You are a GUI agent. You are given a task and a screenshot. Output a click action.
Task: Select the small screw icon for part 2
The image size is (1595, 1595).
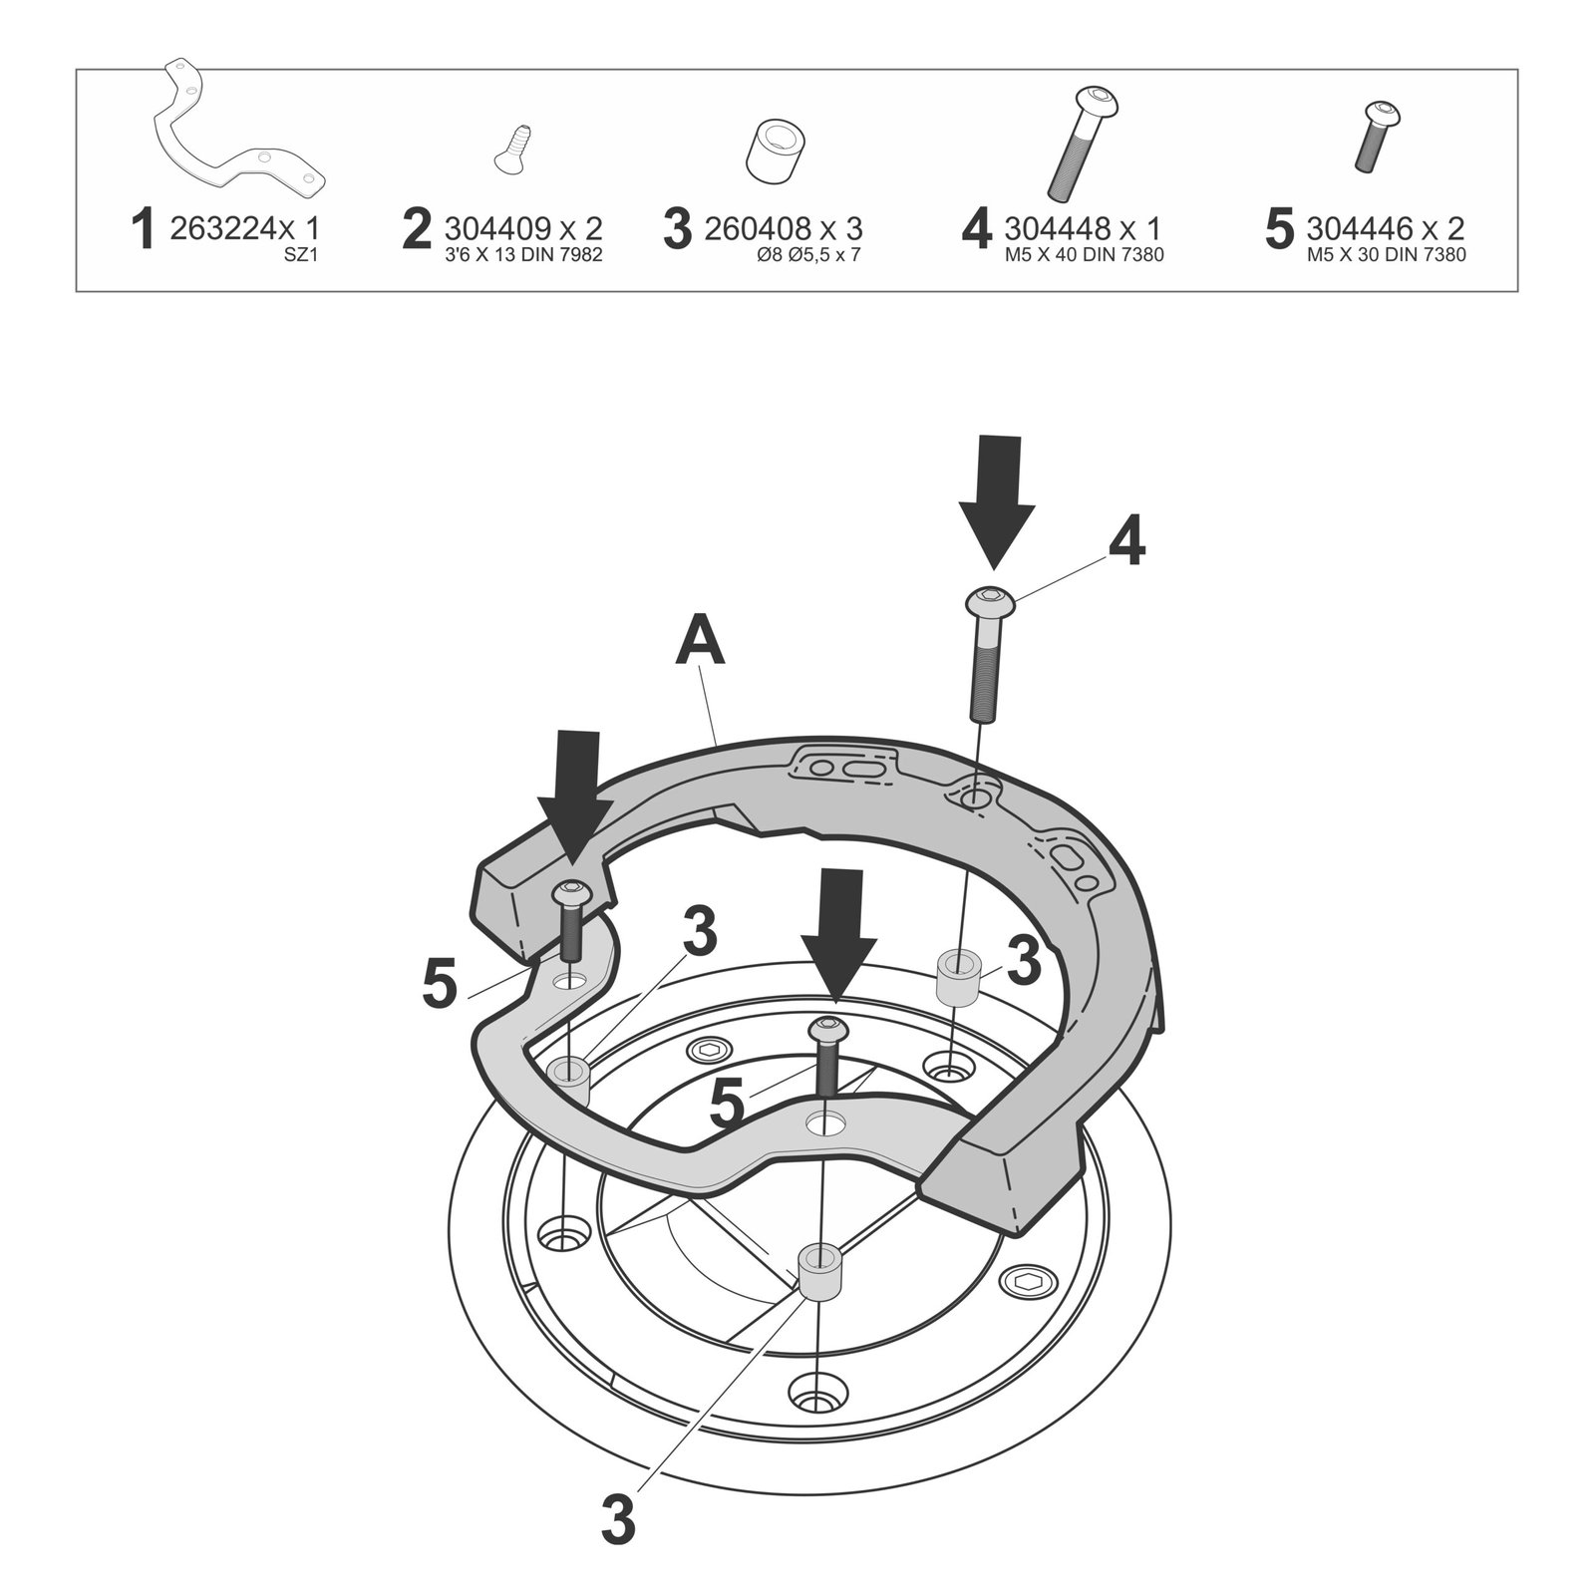coord(512,149)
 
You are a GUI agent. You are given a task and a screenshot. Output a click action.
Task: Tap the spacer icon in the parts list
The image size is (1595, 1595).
coord(776,153)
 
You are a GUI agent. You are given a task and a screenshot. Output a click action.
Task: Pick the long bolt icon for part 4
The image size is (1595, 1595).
coord(1083,144)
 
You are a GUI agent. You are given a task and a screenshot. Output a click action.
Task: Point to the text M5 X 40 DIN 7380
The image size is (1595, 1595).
coord(1084,255)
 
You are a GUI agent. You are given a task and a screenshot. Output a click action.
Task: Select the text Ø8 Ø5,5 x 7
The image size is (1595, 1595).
coord(808,255)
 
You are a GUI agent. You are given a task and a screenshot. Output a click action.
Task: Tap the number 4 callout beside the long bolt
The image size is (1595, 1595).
coord(1127,543)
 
